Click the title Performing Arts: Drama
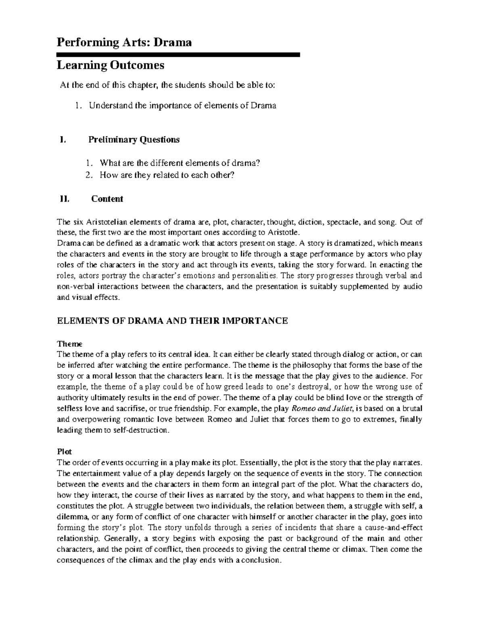coord(124,42)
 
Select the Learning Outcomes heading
coord(111,65)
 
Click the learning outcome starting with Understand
coord(182,106)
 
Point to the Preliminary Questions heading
coord(134,140)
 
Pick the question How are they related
coord(167,175)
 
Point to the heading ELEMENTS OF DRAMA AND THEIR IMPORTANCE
coord(172,321)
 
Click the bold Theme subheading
coord(70,344)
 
